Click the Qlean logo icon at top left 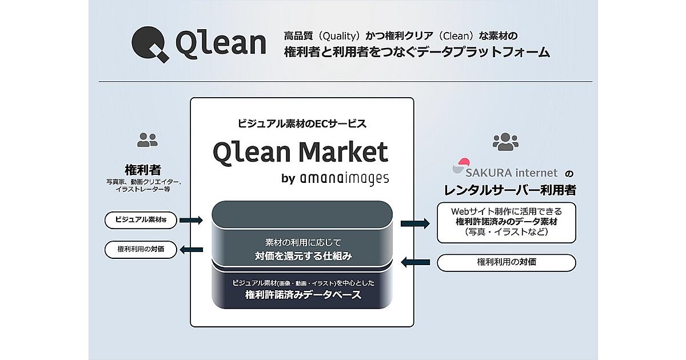point(150,45)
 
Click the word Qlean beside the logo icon point(221,44)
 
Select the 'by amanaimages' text point(335,178)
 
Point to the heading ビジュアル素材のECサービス point(301,123)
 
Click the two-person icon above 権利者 point(147,139)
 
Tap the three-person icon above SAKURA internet point(505,141)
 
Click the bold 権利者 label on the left point(142,170)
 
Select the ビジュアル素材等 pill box point(141,220)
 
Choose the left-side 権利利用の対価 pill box point(141,249)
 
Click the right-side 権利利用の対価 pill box point(506,262)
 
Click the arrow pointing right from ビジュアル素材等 point(192,220)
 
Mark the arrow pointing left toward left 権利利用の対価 point(192,249)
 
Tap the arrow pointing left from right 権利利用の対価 point(416,262)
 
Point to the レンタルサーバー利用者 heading point(506,190)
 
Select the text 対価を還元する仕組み point(303,256)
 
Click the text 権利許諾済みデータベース point(303,295)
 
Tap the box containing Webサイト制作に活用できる point(506,222)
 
